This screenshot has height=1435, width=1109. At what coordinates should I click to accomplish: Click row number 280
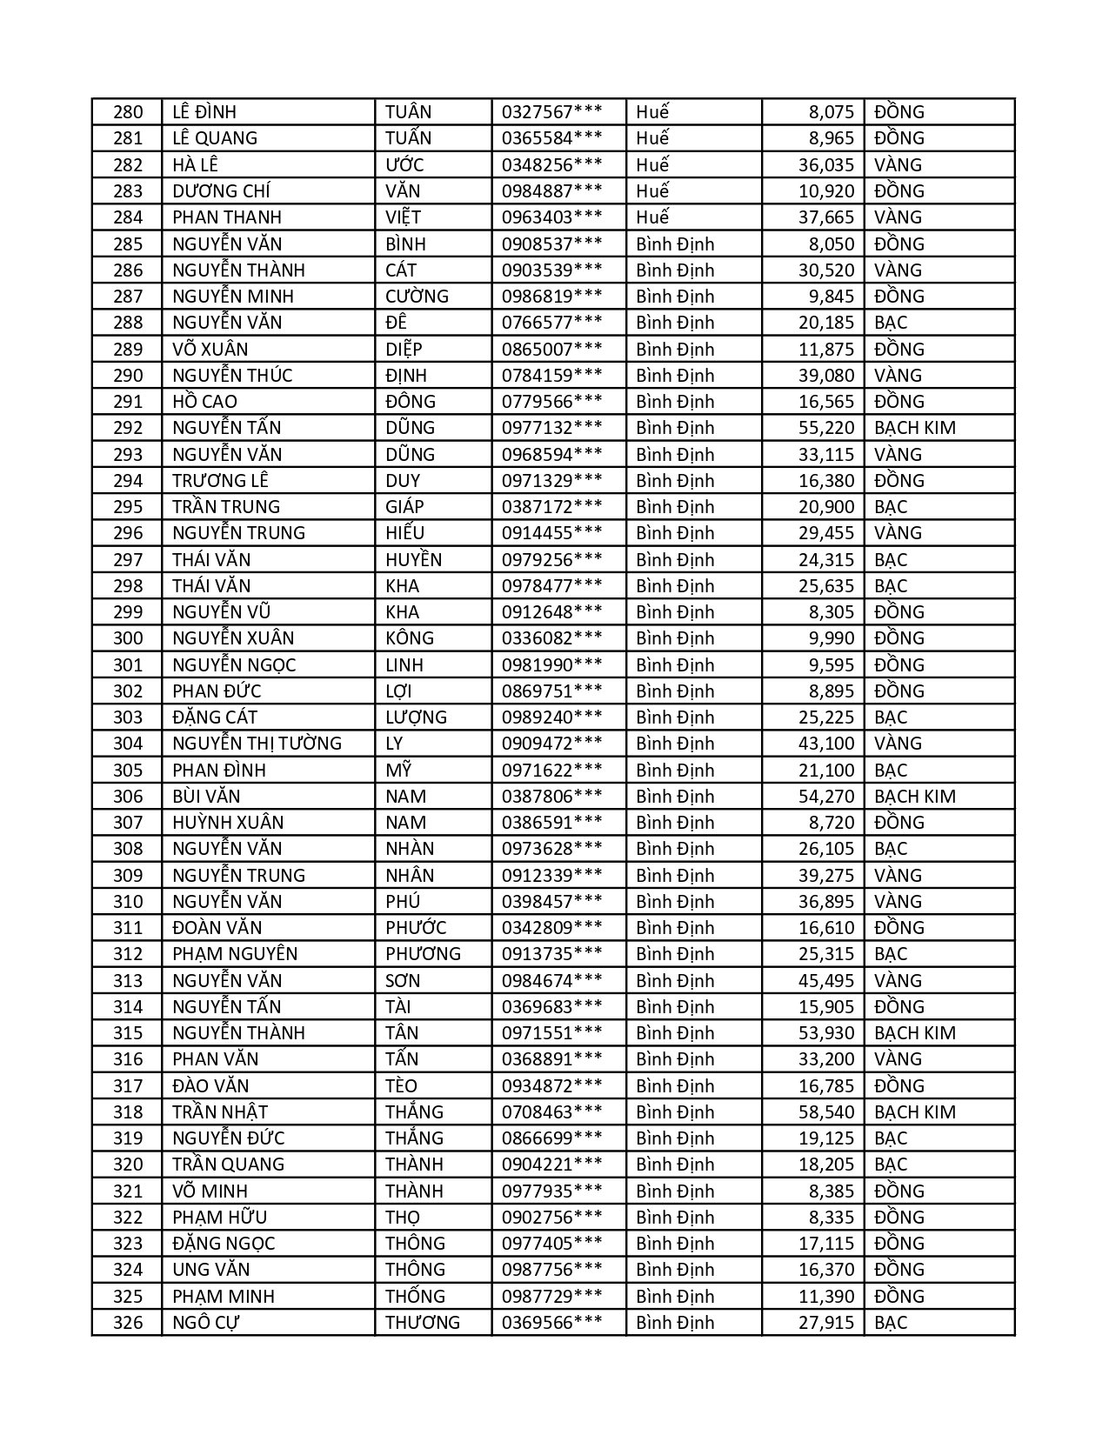(127, 112)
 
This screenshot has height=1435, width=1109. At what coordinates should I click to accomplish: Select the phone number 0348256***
(551, 165)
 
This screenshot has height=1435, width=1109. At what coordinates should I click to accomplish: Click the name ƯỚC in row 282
(404, 165)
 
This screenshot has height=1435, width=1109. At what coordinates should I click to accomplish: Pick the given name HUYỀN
(413, 560)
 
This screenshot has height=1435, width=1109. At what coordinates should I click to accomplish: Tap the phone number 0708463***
(551, 1112)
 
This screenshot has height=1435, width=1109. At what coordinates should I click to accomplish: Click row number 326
(127, 1323)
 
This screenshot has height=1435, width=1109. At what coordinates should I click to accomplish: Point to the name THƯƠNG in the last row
(423, 1323)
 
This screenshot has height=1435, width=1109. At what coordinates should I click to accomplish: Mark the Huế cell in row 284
(652, 217)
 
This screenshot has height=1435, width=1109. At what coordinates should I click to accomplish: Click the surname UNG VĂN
(210, 1270)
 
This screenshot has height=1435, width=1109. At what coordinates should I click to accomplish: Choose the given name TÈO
(401, 1086)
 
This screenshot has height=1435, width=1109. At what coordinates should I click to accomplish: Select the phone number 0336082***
(551, 638)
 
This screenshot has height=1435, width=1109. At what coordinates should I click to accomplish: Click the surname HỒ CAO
(204, 402)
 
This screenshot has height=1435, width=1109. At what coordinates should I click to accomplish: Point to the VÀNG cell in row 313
(898, 981)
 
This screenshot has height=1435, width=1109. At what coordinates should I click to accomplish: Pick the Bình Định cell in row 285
(675, 244)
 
